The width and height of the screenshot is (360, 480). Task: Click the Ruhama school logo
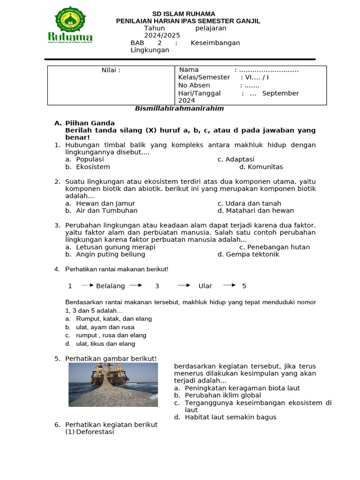point(70,26)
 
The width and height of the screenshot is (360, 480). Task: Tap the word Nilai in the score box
point(111,70)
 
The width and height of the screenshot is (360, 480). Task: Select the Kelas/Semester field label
point(204,77)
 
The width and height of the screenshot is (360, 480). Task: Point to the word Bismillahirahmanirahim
point(179,108)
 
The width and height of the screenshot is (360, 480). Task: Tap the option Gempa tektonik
point(252,255)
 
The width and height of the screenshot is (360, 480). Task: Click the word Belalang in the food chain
point(111,286)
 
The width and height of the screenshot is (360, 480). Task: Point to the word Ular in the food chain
point(205,286)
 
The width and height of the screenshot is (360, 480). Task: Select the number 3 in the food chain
point(157,286)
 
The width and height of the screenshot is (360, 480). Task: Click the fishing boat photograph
point(113,385)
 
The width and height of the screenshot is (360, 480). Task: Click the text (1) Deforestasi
point(90,432)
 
